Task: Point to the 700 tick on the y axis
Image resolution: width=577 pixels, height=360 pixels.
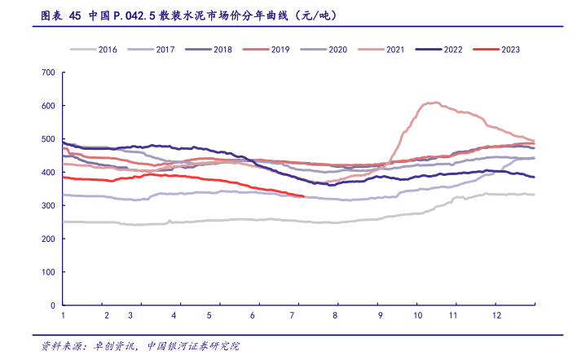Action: click(47, 72)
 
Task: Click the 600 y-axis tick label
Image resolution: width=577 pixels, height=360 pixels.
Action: click(47, 106)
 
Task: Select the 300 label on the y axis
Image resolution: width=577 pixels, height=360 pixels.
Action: click(47, 205)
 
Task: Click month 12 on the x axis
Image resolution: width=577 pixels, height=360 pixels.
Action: click(496, 315)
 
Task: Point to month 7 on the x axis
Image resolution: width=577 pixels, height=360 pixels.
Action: click(293, 315)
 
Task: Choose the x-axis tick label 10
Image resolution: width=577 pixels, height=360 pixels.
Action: click(417, 315)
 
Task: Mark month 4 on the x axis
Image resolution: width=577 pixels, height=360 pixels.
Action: click(174, 315)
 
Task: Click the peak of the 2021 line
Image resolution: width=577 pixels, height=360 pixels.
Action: click(435, 103)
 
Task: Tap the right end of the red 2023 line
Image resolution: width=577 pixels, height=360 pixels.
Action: click(303, 196)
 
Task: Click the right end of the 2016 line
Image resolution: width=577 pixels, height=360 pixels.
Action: click(534, 195)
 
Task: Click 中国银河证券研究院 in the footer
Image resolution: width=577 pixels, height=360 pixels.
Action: click(193, 345)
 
